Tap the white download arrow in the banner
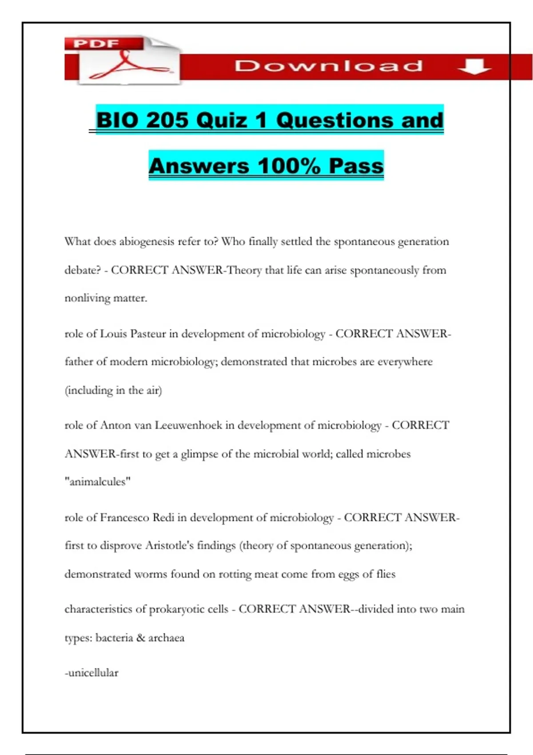click(474, 67)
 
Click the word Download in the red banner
click(329, 66)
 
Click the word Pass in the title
click(356, 166)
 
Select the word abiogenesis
click(147, 242)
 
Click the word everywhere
click(405, 362)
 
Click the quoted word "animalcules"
click(98, 482)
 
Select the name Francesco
click(124, 518)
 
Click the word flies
click(386, 574)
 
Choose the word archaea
click(166, 638)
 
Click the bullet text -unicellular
click(91, 673)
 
